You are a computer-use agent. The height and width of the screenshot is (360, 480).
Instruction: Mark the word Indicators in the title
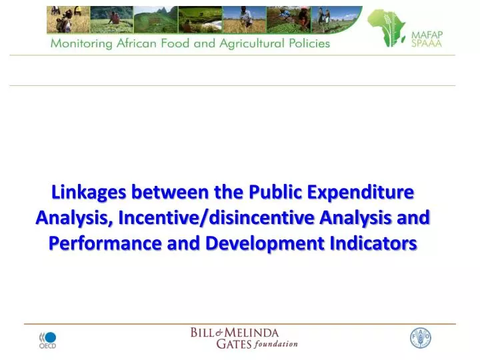[375, 243]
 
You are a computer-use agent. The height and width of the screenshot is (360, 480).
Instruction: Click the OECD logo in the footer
[47, 339]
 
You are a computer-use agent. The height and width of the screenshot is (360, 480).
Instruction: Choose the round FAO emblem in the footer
[421, 338]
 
